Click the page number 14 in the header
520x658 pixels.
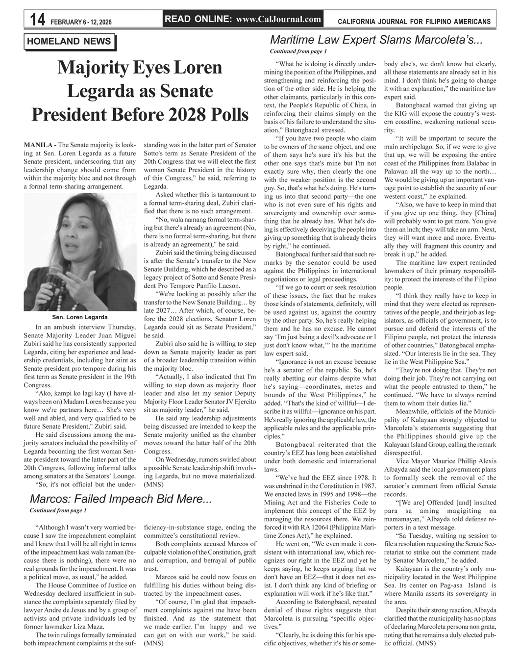[x=38, y=20]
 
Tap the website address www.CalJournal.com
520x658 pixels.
[x=278, y=20]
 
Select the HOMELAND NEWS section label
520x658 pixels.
[x=69, y=42]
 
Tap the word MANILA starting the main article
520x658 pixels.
[x=38, y=145]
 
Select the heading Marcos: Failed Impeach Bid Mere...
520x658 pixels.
[x=121, y=500]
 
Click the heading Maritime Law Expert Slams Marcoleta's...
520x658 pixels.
[x=376, y=40]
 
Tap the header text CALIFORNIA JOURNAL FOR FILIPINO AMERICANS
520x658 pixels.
[x=414, y=22]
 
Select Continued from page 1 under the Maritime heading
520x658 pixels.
[x=298, y=51]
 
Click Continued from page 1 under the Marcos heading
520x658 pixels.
[x=58, y=511]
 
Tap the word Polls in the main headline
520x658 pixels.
[x=227, y=115]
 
